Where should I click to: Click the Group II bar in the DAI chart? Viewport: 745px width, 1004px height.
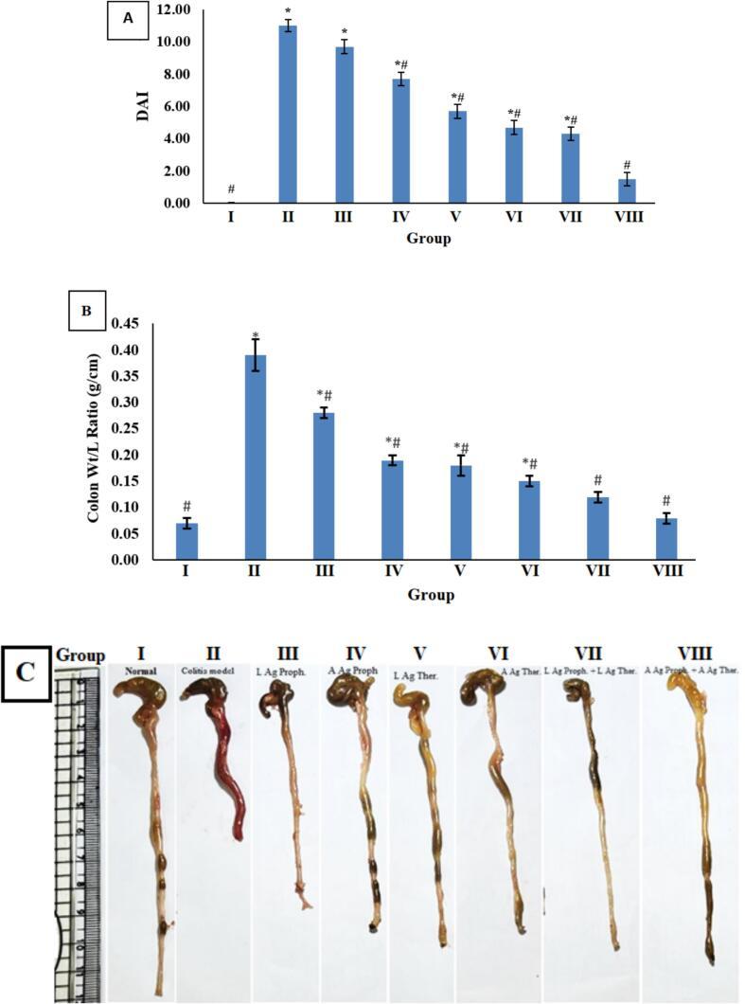(x=287, y=114)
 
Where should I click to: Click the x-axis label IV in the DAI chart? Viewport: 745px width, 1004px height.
(x=400, y=218)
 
